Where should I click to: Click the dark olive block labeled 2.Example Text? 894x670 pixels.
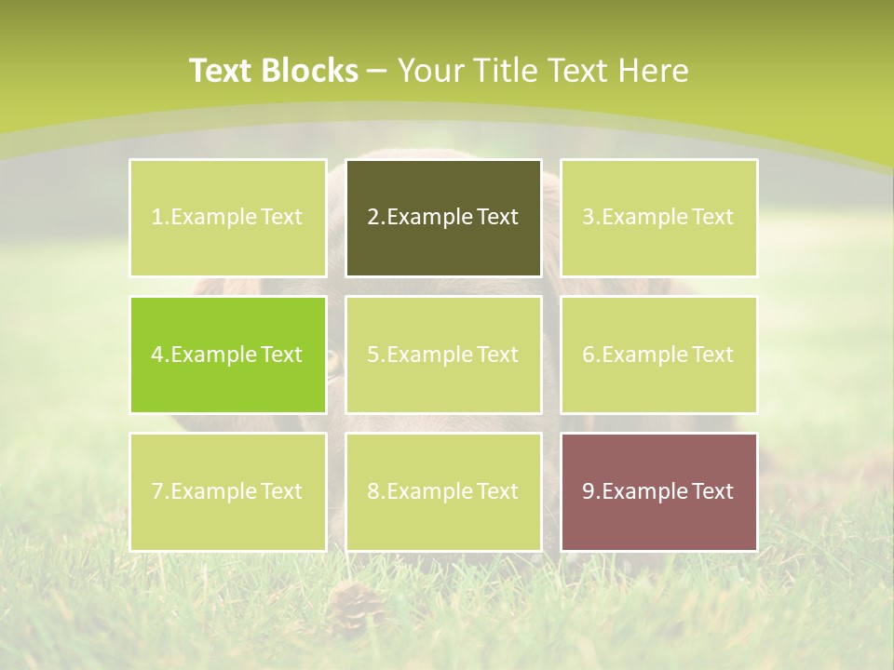point(443,218)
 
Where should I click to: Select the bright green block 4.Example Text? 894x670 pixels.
point(228,355)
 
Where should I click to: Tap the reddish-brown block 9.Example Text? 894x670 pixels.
point(658,491)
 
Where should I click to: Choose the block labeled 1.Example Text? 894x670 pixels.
point(228,218)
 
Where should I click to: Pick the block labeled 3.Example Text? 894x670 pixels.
point(658,218)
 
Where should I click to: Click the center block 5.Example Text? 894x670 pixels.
point(443,355)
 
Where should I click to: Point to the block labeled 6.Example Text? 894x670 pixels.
point(658,355)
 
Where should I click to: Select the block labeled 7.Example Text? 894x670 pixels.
point(228,491)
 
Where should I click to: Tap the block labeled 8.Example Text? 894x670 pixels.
point(443,491)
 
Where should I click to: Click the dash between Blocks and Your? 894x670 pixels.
point(378,72)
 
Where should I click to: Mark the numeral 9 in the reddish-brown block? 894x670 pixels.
point(589,491)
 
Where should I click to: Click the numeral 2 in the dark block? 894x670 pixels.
point(373,218)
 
